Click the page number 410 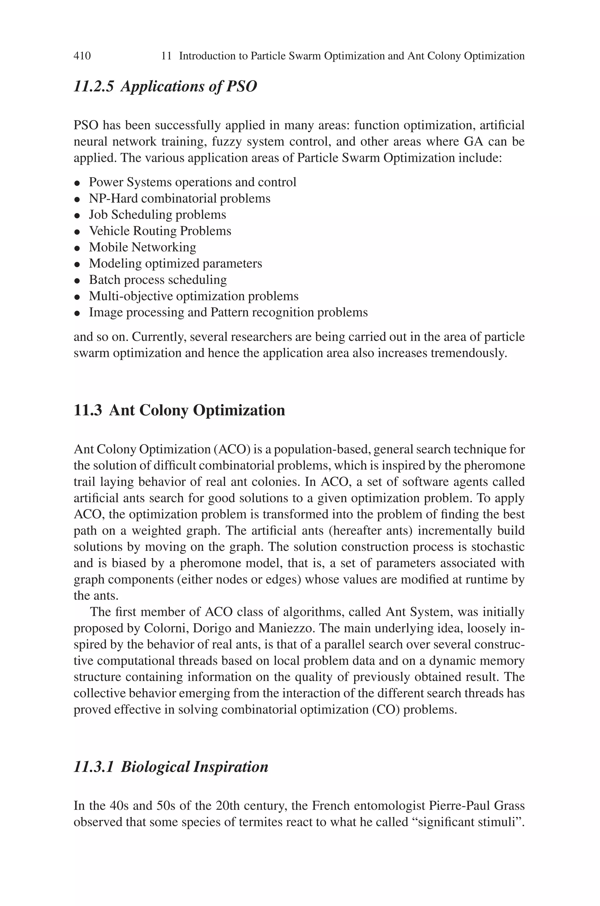(82, 56)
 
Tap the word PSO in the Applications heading (241, 86)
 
